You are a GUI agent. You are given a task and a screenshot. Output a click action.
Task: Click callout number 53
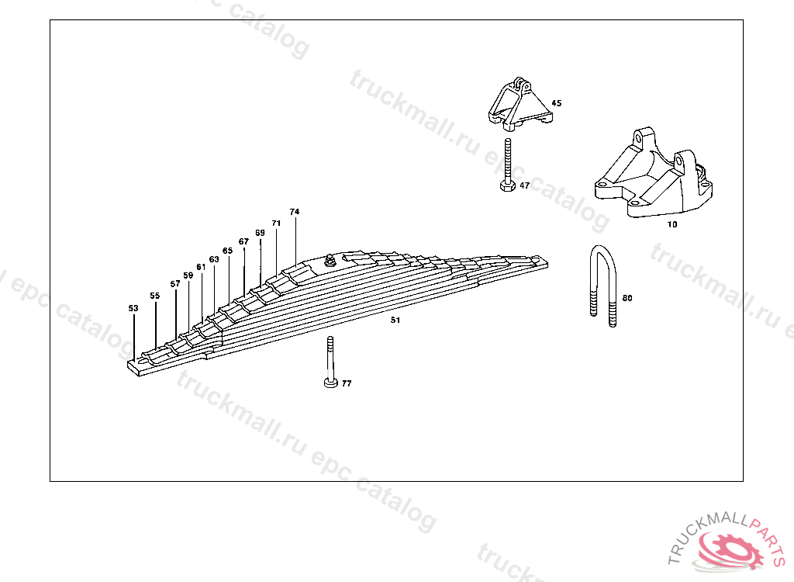coord(133,308)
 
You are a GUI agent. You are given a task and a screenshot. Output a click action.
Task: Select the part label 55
coord(155,296)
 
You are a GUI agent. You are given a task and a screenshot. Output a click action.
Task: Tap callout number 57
coord(175,284)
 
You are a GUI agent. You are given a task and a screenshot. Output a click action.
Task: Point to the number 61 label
coord(201,267)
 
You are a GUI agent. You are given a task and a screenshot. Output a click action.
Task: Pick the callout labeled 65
coord(227,251)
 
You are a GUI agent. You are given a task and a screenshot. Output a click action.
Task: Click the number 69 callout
coord(260,233)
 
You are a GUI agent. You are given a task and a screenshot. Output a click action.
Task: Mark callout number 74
coord(294,211)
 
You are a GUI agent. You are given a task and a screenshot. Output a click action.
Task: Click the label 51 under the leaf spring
coord(395,320)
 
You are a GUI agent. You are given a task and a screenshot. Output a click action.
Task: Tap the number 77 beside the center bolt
coord(347,383)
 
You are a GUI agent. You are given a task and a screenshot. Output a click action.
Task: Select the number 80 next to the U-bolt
coord(627,298)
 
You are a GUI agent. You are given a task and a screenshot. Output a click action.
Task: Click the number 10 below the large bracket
coord(672,224)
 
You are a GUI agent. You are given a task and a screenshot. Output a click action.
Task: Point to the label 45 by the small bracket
coord(556,103)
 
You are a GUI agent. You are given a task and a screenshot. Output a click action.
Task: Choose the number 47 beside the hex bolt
coord(525,185)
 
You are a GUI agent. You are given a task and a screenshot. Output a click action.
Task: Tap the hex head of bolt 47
coord(508,185)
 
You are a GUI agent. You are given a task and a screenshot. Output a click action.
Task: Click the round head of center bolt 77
coord(330,383)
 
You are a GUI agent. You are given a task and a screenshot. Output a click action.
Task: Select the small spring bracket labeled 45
coord(520,105)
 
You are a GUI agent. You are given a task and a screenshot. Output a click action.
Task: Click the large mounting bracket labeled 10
coord(654,174)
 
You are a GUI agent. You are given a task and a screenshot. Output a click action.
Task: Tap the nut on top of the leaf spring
coord(329,261)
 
